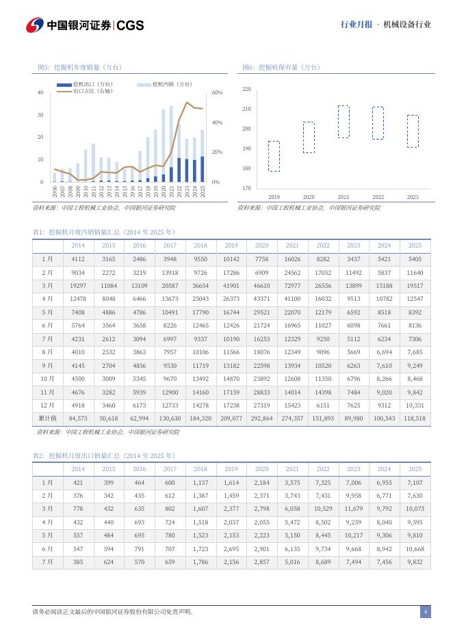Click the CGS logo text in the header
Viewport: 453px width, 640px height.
click(x=130, y=25)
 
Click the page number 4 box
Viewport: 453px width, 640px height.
click(x=425, y=612)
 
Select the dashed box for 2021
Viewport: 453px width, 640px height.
click(x=344, y=122)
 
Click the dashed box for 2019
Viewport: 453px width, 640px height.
click(x=274, y=157)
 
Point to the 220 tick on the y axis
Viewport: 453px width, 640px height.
click(x=246, y=90)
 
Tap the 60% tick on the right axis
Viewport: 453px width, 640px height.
click(x=217, y=92)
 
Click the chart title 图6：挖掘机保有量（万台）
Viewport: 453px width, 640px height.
click(x=281, y=67)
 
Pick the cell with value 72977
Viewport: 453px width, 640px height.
click(x=292, y=285)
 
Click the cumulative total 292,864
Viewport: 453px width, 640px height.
click(x=261, y=418)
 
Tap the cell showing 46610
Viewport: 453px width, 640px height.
click(x=261, y=285)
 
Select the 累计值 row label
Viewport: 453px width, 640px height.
click(x=47, y=418)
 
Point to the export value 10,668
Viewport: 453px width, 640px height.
click(x=415, y=548)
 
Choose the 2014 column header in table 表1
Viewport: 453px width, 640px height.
click(x=78, y=245)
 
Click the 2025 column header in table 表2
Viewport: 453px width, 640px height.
click(x=415, y=469)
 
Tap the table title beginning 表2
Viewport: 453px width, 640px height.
click(x=104, y=455)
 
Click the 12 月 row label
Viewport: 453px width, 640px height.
click(x=47, y=405)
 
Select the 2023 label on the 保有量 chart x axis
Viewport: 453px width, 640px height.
click(x=413, y=197)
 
